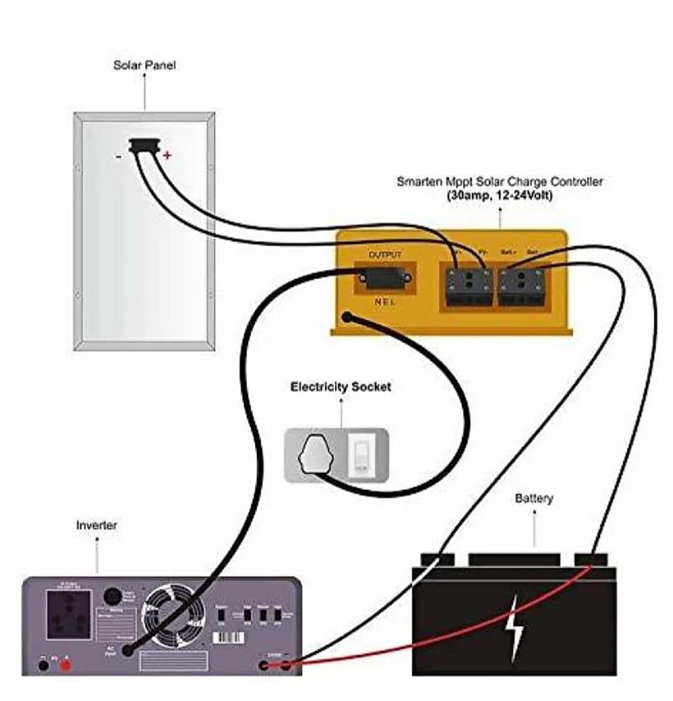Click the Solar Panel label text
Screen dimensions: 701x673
pyautogui.click(x=144, y=65)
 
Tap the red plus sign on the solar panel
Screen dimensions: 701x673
pyautogui.click(x=166, y=155)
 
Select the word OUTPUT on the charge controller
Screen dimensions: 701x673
pyautogui.click(x=385, y=255)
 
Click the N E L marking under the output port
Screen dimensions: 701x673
pyautogui.click(x=385, y=302)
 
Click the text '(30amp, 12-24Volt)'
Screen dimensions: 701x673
pyautogui.click(x=500, y=195)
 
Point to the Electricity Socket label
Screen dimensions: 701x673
pyautogui.click(x=340, y=387)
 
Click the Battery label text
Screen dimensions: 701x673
pyautogui.click(x=533, y=498)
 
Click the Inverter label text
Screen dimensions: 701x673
pyautogui.click(x=96, y=525)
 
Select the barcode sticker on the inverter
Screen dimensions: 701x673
pyautogui.click(x=229, y=638)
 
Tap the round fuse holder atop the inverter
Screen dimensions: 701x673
pyautogui.click(x=112, y=596)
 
